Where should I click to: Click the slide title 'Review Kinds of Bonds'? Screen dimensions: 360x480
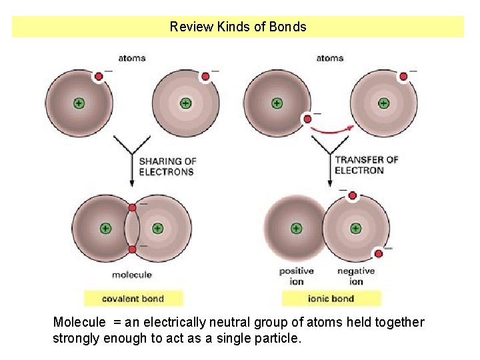tap(238, 27)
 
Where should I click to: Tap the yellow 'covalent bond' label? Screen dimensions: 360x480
tap(133, 298)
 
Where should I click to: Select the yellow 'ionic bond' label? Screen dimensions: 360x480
tap(331, 298)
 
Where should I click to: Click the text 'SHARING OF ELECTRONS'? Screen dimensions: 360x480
tap(167, 166)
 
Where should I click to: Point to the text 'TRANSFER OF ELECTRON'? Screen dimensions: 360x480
tap(366, 165)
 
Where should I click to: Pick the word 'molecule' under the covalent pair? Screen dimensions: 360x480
tap(131, 275)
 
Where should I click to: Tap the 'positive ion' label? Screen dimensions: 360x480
tap(296, 276)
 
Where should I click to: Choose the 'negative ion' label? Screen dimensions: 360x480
tap(355, 276)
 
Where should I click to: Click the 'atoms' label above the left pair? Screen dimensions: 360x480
tap(131, 58)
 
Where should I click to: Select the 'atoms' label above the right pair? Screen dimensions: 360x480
tap(329, 58)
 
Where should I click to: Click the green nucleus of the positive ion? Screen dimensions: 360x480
tap(296, 228)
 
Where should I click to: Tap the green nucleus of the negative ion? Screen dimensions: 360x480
tap(355, 228)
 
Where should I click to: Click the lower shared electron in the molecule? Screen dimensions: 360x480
tap(133, 250)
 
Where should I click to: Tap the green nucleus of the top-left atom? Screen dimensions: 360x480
tap(79, 103)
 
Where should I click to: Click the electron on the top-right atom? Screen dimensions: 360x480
tap(403, 77)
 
